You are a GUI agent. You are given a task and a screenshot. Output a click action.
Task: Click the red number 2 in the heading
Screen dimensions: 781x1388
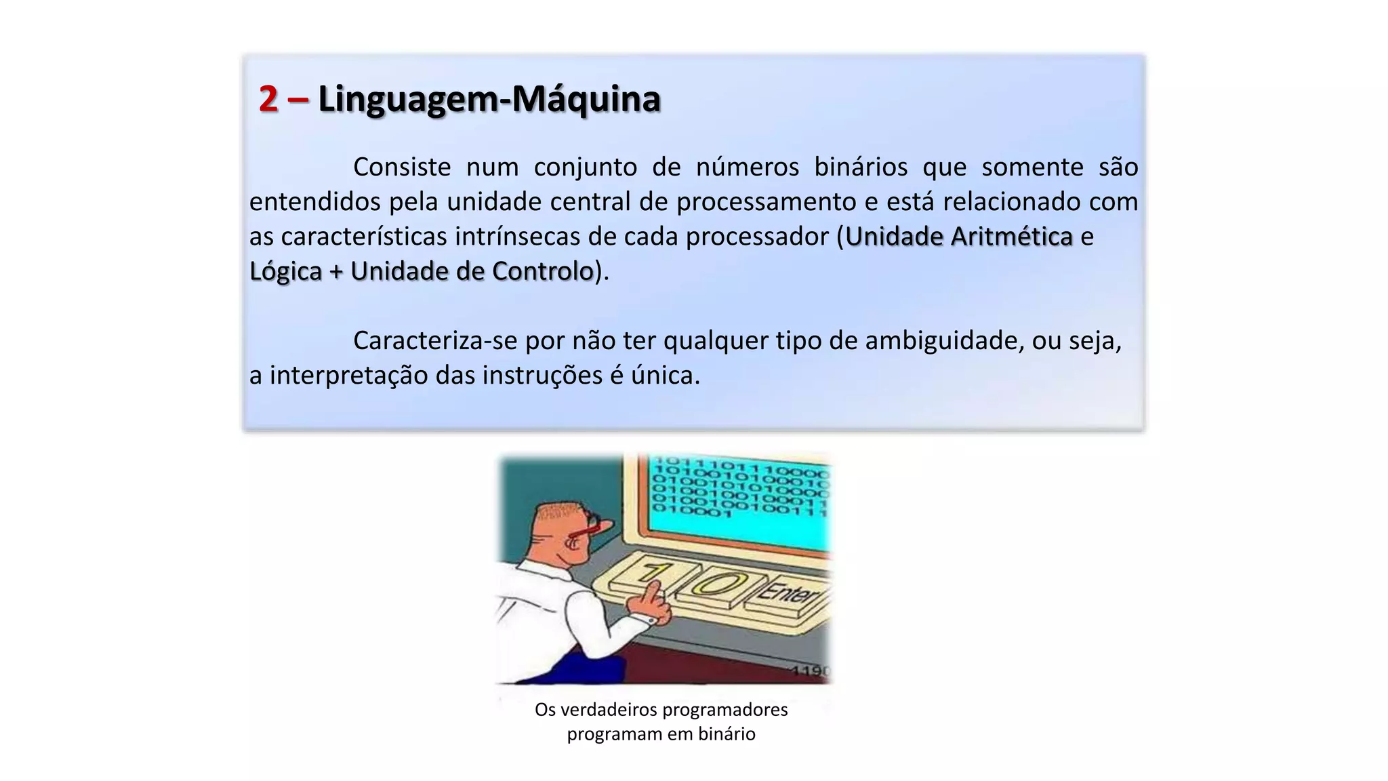(268, 99)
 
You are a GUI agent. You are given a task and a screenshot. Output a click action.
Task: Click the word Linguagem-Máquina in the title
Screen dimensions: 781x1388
(489, 99)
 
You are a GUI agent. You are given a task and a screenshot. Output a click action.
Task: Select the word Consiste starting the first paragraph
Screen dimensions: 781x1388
(401, 167)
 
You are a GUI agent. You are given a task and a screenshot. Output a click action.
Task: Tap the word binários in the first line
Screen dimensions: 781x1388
(860, 167)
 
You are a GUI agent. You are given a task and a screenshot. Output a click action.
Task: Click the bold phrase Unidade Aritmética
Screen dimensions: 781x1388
(958, 237)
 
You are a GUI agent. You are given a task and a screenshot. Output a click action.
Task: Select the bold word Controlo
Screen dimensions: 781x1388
(542, 271)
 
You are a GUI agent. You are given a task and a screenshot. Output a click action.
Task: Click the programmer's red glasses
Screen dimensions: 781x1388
(587, 527)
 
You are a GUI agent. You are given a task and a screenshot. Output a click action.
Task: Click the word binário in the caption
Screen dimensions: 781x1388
(727, 734)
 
